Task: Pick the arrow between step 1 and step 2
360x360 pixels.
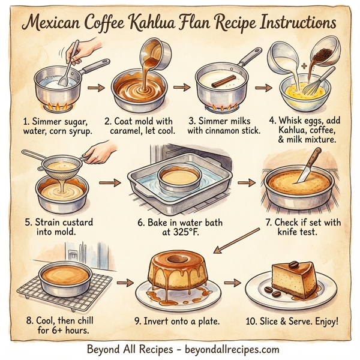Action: point(94,88)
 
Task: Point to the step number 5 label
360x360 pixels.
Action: point(28,223)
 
